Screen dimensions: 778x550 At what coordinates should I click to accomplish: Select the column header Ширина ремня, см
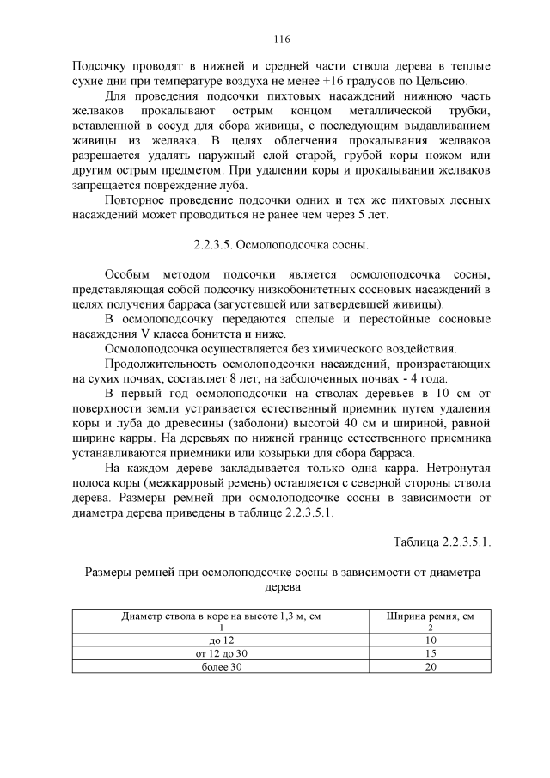431,616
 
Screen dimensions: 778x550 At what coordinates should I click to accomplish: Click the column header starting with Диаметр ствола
222,616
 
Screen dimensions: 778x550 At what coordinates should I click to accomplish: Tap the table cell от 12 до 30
222,654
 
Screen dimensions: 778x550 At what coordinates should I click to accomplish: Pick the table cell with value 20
431,667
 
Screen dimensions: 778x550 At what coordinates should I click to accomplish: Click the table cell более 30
222,667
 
